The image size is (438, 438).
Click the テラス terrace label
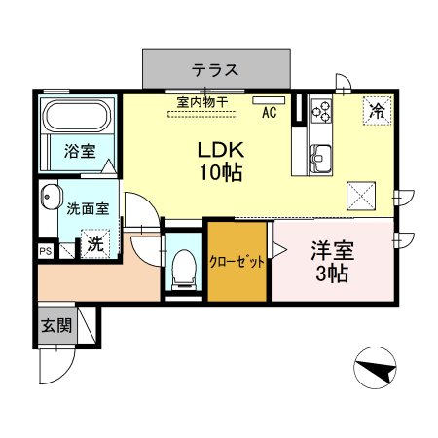click(215, 70)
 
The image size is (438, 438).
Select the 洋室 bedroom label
click(333, 249)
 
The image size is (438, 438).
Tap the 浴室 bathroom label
click(79, 152)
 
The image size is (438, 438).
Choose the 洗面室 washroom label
click(87, 207)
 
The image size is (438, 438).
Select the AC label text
click(270, 112)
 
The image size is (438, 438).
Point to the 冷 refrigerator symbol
click(375, 111)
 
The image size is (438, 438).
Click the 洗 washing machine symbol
click(94, 243)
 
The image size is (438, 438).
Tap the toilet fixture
click(180, 266)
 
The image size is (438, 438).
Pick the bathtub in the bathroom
click(77, 118)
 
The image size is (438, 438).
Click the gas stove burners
click(322, 111)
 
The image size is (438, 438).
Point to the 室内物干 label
click(203, 100)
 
